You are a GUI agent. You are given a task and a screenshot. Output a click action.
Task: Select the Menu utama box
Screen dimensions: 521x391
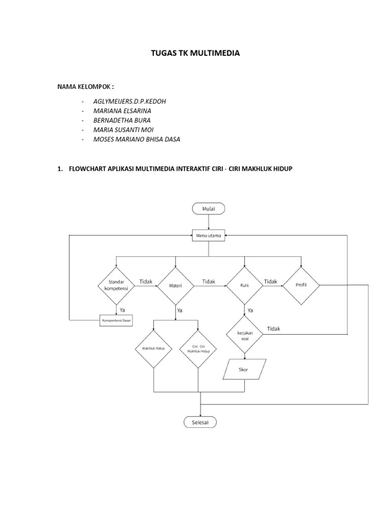pos(209,236)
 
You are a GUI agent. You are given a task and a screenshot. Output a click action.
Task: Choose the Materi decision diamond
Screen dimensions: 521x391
pos(176,285)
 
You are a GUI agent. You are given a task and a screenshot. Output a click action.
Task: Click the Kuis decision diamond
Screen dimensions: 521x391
pos(244,285)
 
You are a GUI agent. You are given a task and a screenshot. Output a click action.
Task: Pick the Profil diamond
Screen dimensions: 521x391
pos(301,285)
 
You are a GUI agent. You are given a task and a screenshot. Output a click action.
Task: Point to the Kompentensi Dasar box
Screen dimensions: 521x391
pos(116,321)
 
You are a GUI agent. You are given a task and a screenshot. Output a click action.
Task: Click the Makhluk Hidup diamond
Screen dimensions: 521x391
pos(154,349)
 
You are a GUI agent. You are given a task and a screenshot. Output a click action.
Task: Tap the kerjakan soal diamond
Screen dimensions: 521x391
pos(244,334)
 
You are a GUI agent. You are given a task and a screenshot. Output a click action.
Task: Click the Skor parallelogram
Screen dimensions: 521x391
pos(244,369)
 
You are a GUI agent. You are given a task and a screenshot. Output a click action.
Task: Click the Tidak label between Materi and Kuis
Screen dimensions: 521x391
pos(209,281)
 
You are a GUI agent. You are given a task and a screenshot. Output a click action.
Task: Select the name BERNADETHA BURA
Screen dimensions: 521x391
pos(123,120)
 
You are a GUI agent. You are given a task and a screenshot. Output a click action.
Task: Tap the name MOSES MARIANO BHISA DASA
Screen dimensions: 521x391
pos(137,139)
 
